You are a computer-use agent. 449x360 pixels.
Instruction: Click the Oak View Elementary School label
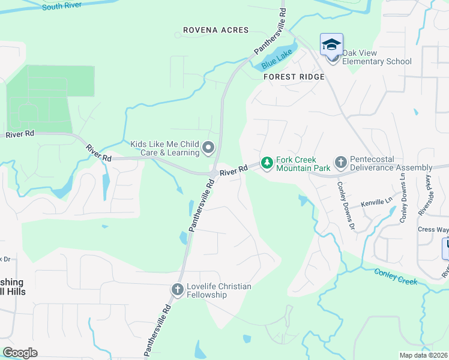tap(376, 61)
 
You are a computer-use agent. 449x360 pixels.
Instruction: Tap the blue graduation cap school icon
tap(331, 45)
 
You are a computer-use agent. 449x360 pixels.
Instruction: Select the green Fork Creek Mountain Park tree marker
tap(267, 163)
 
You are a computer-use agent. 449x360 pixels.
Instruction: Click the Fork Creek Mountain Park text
tap(304, 164)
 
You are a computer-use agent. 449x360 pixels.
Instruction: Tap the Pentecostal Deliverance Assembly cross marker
tap(340, 163)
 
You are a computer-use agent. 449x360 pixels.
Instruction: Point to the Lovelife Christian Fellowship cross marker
tap(177, 289)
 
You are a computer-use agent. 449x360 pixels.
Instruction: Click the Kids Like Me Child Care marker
tap(208, 147)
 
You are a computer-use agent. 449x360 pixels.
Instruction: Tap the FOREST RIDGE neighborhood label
tap(294, 77)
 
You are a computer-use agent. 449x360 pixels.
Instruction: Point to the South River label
tap(62, 7)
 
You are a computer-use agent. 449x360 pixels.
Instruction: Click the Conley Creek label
tap(395, 277)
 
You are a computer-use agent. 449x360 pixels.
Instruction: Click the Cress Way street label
tap(433, 229)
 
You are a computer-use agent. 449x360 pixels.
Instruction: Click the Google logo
tap(20, 353)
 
